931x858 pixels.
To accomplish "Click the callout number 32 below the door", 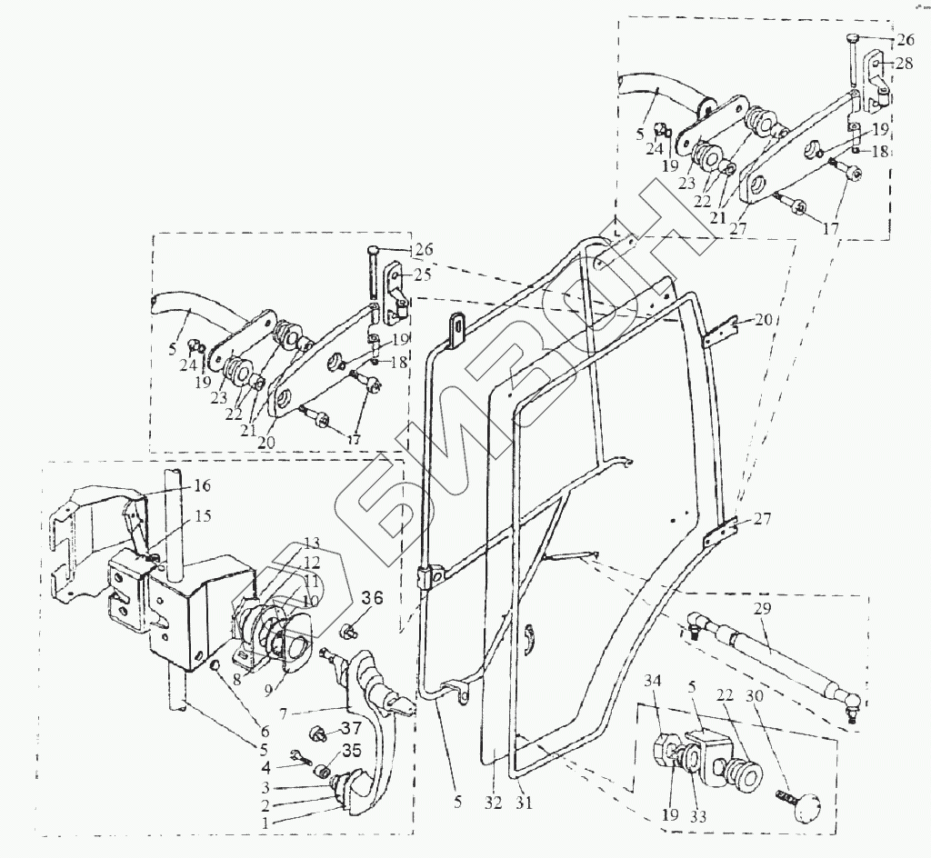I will (493, 803).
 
